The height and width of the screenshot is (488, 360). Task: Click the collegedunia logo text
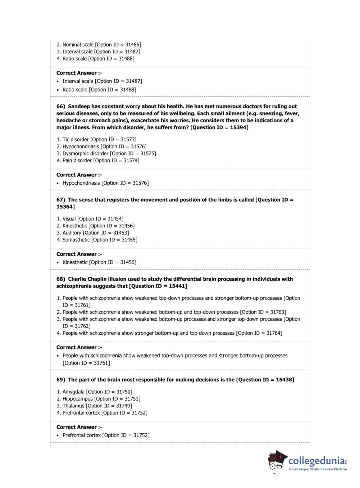tap(316, 461)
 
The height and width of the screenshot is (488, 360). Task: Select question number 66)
tap(61, 107)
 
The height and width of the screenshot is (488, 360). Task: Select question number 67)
tap(61, 200)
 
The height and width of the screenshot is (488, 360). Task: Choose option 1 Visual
tap(69, 219)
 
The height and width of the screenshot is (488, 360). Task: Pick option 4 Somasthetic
tap(76, 240)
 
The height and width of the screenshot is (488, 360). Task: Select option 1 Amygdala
tap(73, 392)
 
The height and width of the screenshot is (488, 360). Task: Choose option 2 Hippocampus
tap(78, 399)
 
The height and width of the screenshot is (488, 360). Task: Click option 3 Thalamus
tap(73, 406)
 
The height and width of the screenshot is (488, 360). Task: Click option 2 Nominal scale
tap(78, 45)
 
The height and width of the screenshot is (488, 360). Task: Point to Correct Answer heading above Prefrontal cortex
tap(79, 427)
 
